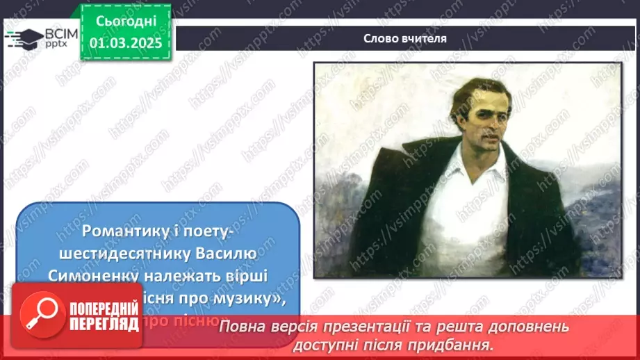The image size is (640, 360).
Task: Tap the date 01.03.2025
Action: (126, 43)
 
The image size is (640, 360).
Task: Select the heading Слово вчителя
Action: (405, 38)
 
